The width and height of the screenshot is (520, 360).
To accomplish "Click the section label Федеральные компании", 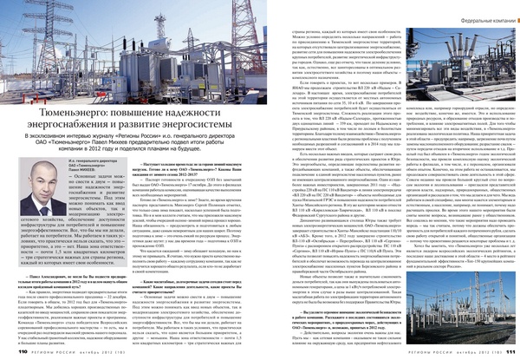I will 476,17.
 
